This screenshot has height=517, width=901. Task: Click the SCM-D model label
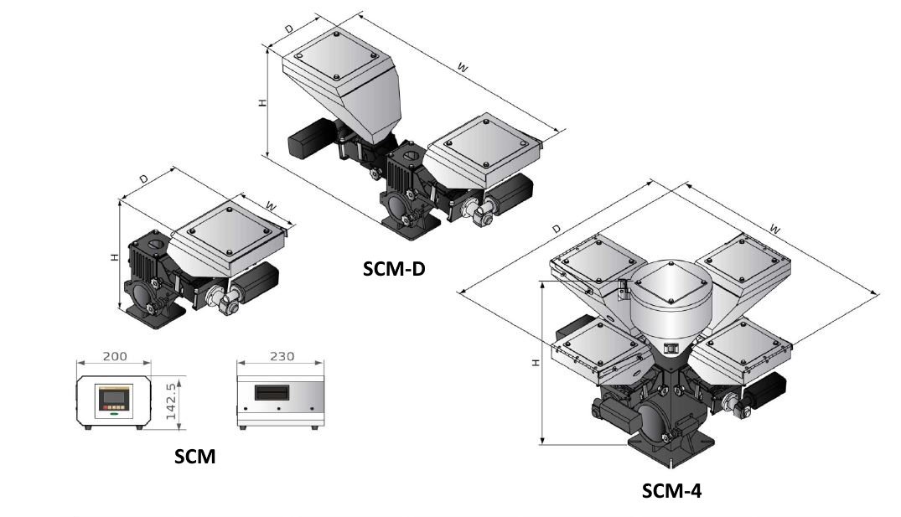point(394,268)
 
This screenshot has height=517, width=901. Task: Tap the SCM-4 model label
point(671,491)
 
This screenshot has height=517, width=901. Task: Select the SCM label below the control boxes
point(194,457)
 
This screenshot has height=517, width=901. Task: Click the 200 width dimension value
point(114,356)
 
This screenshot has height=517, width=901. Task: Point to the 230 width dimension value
point(282,356)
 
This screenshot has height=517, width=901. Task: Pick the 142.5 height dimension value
point(171,402)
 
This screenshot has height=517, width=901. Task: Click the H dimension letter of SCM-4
point(536,363)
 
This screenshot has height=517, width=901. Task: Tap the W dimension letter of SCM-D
point(463,68)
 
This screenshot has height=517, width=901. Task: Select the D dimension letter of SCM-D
point(289,28)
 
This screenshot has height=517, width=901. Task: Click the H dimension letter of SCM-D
point(262,103)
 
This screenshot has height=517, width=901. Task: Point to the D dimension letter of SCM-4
point(557,229)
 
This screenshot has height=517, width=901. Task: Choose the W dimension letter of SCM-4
point(774,230)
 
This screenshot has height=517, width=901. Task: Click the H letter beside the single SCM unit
point(115,257)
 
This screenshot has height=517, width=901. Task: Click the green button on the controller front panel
point(113,411)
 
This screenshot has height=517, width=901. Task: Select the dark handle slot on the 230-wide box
point(272,392)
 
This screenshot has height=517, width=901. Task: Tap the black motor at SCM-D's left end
point(311,137)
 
